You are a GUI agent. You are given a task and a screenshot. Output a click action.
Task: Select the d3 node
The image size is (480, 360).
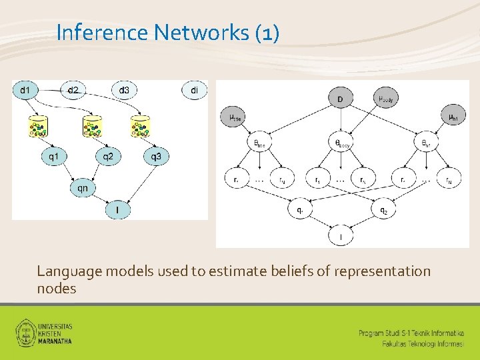(124, 89)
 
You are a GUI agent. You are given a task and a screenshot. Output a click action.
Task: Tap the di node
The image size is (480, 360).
(194, 89)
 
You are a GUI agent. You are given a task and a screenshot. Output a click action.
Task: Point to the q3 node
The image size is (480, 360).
(155, 157)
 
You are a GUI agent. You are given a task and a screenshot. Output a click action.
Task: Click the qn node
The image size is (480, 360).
(82, 188)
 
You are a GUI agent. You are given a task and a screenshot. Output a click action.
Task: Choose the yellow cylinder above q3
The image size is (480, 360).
(141, 125)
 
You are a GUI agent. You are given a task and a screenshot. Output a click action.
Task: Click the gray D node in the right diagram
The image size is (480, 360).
(340, 99)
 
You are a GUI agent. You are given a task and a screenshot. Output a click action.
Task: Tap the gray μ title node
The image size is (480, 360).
(235, 118)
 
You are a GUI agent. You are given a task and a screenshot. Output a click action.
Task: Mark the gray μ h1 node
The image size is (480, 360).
(452, 118)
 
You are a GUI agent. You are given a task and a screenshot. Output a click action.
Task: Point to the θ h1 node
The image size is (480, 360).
(427, 142)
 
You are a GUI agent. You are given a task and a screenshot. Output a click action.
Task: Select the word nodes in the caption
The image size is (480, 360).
(57, 289)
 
